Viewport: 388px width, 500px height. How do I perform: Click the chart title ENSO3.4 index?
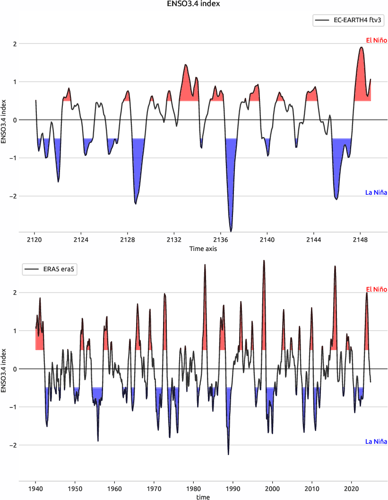tap(194, 4)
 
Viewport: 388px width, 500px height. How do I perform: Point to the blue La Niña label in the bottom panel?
tap(376, 441)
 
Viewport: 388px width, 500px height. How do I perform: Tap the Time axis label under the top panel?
tap(203, 248)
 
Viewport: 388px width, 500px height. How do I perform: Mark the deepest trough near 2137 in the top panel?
tap(231, 231)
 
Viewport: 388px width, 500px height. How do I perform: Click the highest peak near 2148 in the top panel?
tap(362, 47)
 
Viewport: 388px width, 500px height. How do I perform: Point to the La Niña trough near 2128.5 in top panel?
tap(136, 204)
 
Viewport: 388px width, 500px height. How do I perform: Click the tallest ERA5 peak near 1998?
tap(264, 260)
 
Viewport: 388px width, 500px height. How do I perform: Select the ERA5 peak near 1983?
tap(205, 265)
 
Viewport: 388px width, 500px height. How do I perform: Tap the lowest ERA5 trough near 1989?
tap(228, 454)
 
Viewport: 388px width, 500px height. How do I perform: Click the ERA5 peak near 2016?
tap(335, 266)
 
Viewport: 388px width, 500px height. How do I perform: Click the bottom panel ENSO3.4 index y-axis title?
tap(4, 369)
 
